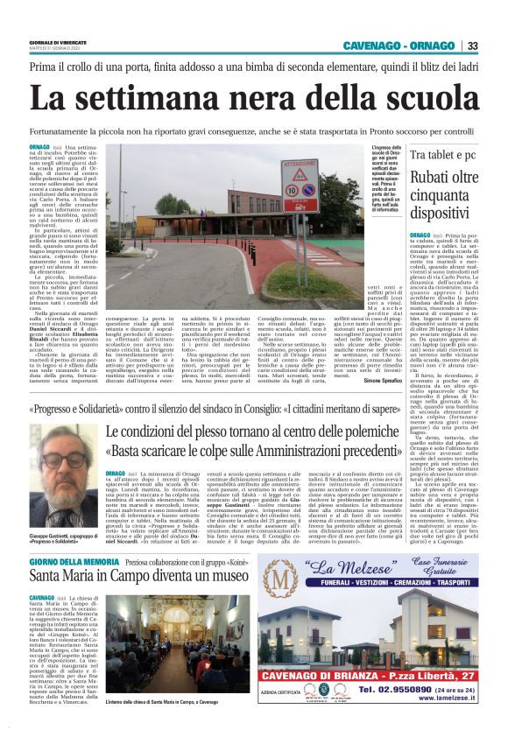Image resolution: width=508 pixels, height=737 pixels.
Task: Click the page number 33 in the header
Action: tap(473, 46)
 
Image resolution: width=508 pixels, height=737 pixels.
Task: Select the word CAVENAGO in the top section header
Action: tap(371, 46)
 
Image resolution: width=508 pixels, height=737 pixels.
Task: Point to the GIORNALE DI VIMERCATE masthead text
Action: tap(58, 41)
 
